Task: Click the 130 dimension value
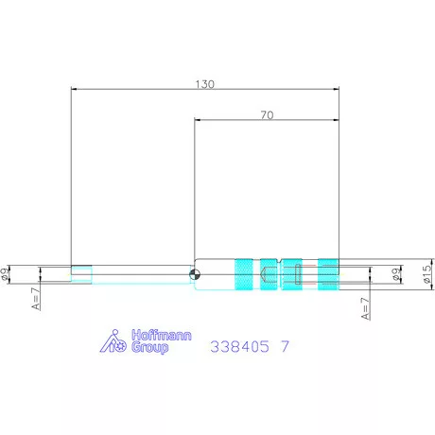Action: (x=205, y=84)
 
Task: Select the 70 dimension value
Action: (x=267, y=115)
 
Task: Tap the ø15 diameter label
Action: (x=426, y=273)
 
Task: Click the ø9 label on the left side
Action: (x=5, y=274)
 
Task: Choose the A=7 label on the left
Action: (x=37, y=299)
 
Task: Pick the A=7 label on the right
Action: (x=366, y=308)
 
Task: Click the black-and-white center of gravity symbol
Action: (x=195, y=274)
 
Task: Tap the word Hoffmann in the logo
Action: (x=162, y=335)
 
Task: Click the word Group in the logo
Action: (x=149, y=347)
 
